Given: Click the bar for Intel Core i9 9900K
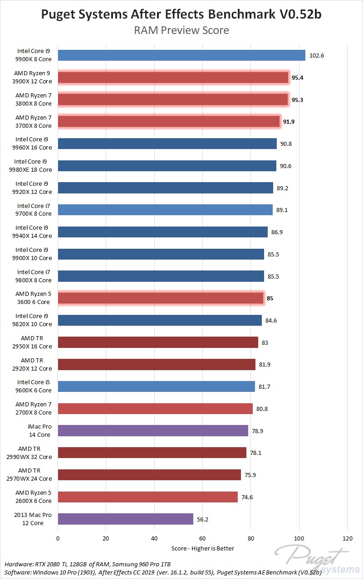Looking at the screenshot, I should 181,55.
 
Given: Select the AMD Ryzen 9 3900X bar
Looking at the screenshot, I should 173,77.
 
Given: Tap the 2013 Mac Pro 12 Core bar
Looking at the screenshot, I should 125,519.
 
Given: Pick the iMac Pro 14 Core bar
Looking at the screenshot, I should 153,430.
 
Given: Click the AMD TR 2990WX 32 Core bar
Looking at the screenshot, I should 152,453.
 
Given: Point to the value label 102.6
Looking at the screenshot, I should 316,56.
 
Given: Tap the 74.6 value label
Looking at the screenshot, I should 247,497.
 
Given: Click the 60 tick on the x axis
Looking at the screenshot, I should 202,538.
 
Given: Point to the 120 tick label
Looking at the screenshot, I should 347,538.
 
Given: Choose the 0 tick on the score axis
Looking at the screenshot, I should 58,538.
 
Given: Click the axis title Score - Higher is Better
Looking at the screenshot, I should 203,549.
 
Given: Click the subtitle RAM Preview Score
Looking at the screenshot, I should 181,30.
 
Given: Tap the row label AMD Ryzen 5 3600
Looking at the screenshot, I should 34,298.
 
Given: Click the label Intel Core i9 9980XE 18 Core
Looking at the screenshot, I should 33,165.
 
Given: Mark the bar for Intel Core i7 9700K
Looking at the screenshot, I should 165,209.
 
